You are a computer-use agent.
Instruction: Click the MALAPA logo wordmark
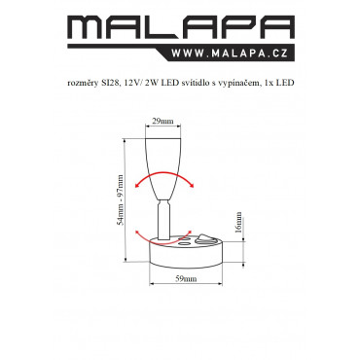pyautogui.click(x=181, y=28)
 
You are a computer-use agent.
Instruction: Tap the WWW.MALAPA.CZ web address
pyautogui.click(x=230, y=53)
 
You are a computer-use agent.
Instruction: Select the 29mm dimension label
pyautogui.click(x=162, y=122)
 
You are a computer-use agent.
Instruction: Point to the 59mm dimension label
pyautogui.click(x=186, y=278)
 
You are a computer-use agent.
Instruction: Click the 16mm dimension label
pyautogui.click(x=238, y=223)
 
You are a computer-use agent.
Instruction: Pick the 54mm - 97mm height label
pyautogui.click(x=121, y=199)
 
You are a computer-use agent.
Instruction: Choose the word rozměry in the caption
pyautogui.click(x=83, y=84)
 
